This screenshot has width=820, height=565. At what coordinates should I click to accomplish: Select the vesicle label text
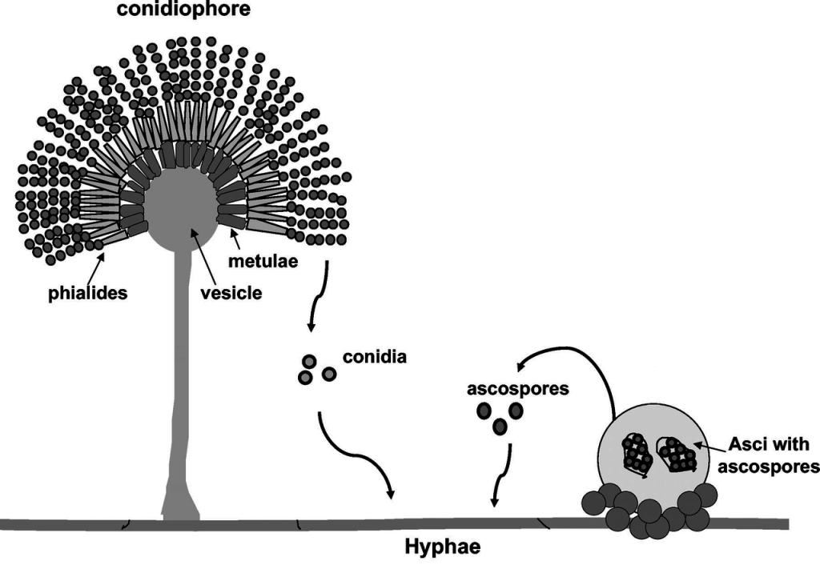[231, 293]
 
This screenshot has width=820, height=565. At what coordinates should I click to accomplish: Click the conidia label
[375, 357]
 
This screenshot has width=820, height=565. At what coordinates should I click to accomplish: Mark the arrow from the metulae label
[234, 237]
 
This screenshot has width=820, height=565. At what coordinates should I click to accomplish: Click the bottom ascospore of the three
[500, 427]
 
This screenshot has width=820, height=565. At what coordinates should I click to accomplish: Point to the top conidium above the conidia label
[307, 362]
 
